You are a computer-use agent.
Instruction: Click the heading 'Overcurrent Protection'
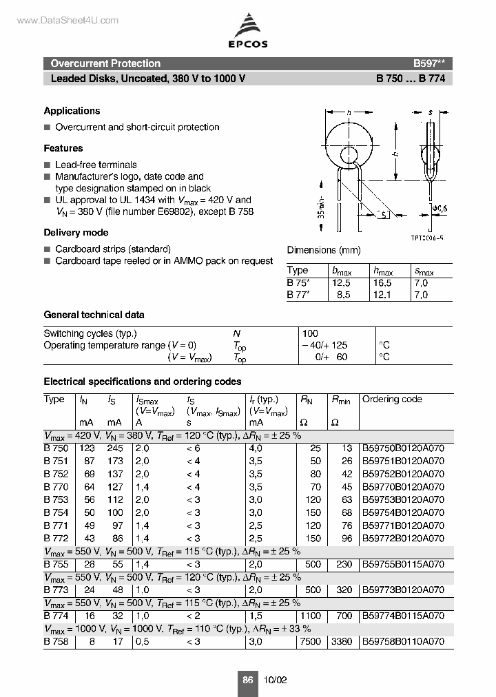click(x=105, y=63)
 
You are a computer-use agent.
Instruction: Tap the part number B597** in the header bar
click(x=428, y=63)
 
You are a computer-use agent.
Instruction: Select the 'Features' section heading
click(x=63, y=148)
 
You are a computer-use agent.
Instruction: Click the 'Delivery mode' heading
click(x=76, y=233)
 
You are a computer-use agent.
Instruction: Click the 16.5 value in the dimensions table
click(x=382, y=283)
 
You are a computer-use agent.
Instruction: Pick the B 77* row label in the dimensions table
click(x=298, y=295)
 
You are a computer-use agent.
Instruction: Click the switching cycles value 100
click(x=310, y=333)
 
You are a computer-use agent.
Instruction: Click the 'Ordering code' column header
click(x=392, y=399)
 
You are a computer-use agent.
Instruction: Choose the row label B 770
click(x=56, y=487)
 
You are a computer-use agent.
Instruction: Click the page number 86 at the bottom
click(x=247, y=680)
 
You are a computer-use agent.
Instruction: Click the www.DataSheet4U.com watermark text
click(x=58, y=21)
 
